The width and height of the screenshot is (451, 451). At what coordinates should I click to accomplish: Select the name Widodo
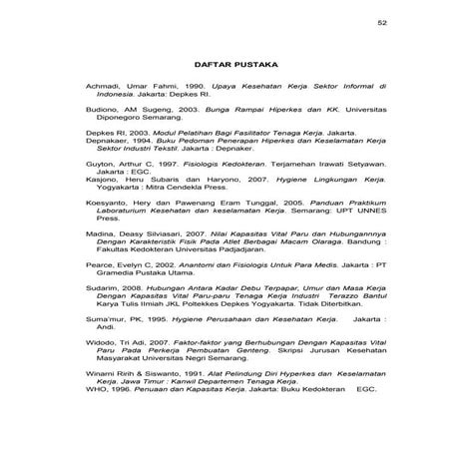101,368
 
